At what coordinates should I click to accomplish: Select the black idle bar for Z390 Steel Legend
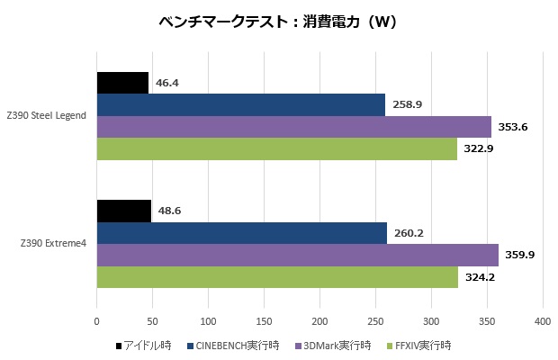[x=122, y=83]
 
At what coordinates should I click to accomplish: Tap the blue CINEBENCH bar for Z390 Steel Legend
[x=240, y=105]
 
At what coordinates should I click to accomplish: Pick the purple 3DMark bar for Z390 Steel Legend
[x=293, y=127]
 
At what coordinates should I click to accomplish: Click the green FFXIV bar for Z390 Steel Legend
[x=276, y=148]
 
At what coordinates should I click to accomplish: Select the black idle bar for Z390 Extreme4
[x=123, y=211]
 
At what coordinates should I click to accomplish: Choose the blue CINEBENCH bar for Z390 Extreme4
[x=241, y=233]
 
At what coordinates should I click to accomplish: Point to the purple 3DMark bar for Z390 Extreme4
[x=297, y=255]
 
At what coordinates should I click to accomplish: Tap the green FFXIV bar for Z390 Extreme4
[x=277, y=277]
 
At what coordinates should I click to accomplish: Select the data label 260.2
[x=408, y=233]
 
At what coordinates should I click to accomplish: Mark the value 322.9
[x=478, y=148]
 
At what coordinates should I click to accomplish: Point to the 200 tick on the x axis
[x=319, y=319]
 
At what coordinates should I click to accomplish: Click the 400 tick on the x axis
[x=543, y=319]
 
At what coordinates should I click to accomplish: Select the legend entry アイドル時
[x=145, y=345]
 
